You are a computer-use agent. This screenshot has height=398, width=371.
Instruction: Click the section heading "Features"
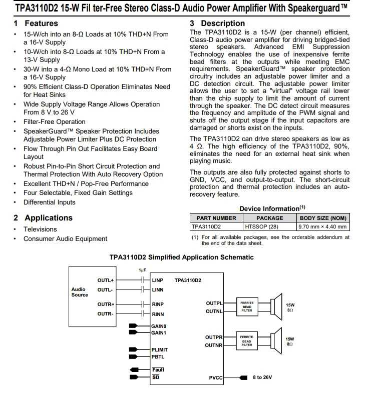pos(41,23)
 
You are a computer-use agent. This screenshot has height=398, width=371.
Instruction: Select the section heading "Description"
pos(223,23)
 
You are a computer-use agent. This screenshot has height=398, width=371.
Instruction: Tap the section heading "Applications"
pos(48,218)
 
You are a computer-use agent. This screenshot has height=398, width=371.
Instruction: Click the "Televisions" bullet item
pos(40,229)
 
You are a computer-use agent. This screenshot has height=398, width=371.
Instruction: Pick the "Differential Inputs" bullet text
pos(49,202)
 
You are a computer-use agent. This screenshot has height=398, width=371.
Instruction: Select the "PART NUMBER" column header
pos(216,218)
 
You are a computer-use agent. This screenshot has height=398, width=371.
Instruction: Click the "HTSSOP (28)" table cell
pos(261,226)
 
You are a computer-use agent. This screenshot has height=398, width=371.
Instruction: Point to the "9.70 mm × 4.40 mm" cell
pos(322,226)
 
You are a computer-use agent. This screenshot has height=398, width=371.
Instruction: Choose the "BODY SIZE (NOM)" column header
pos(323,218)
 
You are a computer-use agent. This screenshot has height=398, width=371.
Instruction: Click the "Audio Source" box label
pos(79,292)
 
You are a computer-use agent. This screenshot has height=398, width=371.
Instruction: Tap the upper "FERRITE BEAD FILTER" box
pos(247,306)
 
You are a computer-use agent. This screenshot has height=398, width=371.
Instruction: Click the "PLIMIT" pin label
pos(160,349)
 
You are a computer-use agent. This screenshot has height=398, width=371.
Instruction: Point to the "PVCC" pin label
pos(216,377)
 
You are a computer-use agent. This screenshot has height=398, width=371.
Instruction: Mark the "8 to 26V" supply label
pos(262,377)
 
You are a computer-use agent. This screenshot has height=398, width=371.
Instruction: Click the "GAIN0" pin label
pos(159,326)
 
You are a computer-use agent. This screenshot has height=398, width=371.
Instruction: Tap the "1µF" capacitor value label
pos(143,270)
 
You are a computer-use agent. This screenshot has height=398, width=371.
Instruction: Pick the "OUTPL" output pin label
pos(214,303)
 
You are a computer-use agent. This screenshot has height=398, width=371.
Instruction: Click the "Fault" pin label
pos(158,369)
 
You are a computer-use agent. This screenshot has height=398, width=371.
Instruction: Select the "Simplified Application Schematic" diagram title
pos(181,257)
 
